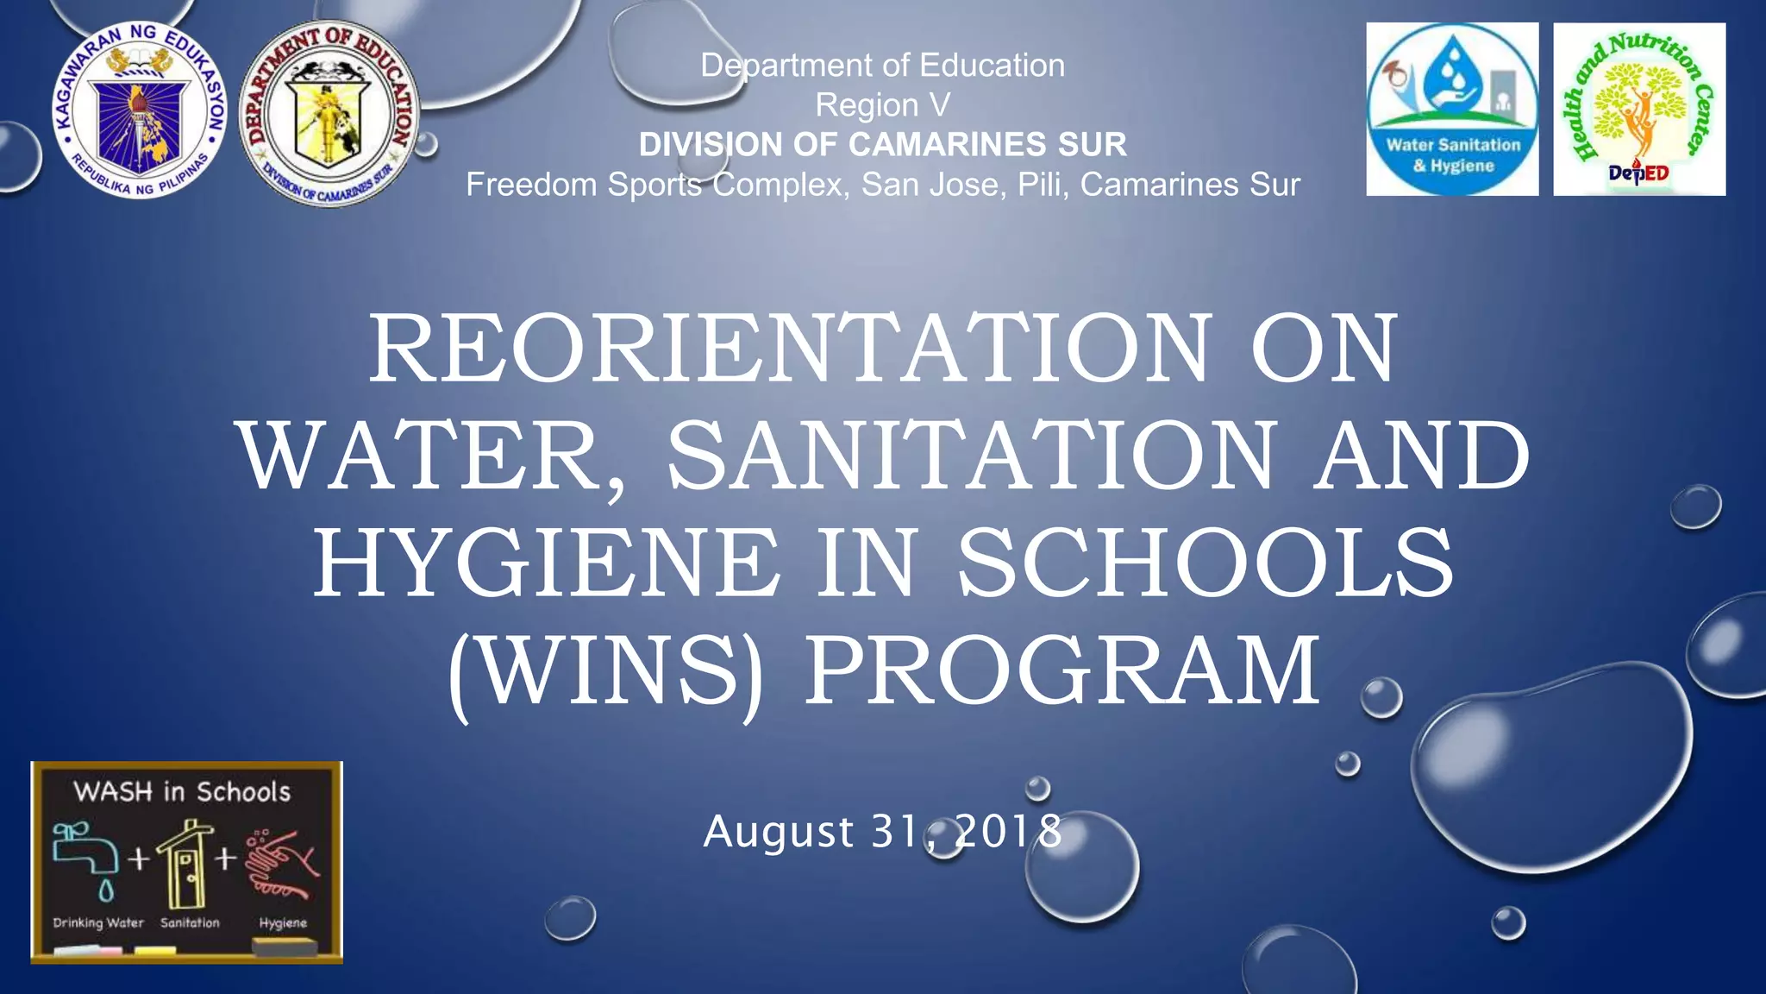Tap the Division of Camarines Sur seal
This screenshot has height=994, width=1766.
pyautogui.click(x=329, y=113)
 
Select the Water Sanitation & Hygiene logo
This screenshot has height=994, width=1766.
pyautogui.click(x=1452, y=110)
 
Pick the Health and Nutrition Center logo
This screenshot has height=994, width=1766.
pyautogui.click(x=1639, y=110)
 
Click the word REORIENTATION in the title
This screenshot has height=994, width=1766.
pyautogui.click(x=790, y=349)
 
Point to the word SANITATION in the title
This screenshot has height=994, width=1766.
pyautogui.click(x=970, y=456)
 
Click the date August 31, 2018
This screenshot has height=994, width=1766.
pyautogui.click(x=882, y=832)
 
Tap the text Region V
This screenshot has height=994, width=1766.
pyautogui.click(x=882, y=105)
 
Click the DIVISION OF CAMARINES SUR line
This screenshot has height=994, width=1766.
pyautogui.click(x=882, y=145)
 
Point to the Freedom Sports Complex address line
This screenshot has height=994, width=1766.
pyautogui.click(x=882, y=185)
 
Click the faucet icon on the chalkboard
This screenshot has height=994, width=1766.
pyautogui.click(x=85, y=854)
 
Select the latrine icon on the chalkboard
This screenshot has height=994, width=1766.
pyautogui.click(x=185, y=863)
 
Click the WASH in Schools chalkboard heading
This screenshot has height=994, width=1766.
pyautogui.click(x=182, y=792)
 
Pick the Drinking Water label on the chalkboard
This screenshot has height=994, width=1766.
pyautogui.click(x=98, y=923)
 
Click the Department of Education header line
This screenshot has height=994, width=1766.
pyautogui.click(x=882, y=66)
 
